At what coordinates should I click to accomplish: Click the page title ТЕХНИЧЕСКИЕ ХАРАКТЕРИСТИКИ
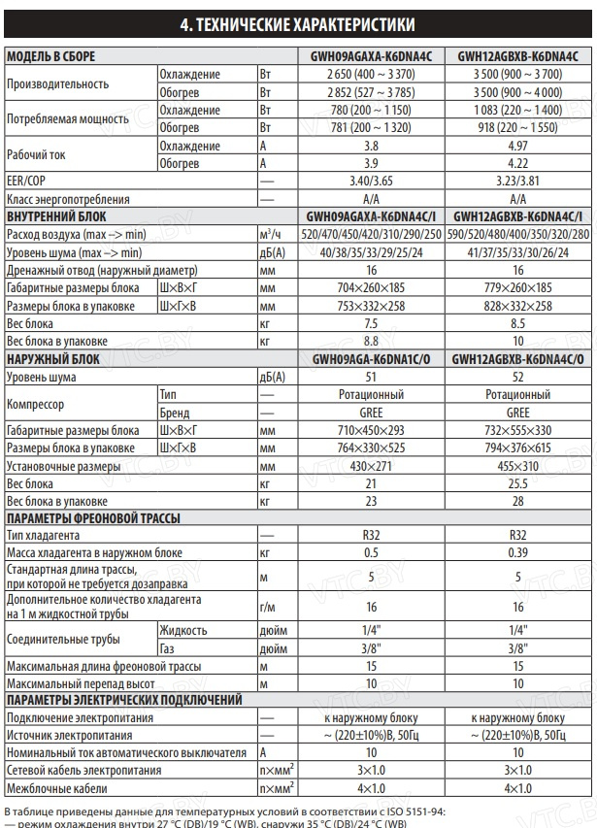point(298,23)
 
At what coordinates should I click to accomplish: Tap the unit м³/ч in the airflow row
point(271,235)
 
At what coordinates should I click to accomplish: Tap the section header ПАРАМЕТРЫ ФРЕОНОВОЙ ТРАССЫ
point(92,519)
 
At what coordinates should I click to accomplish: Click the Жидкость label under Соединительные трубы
point(182,630)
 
